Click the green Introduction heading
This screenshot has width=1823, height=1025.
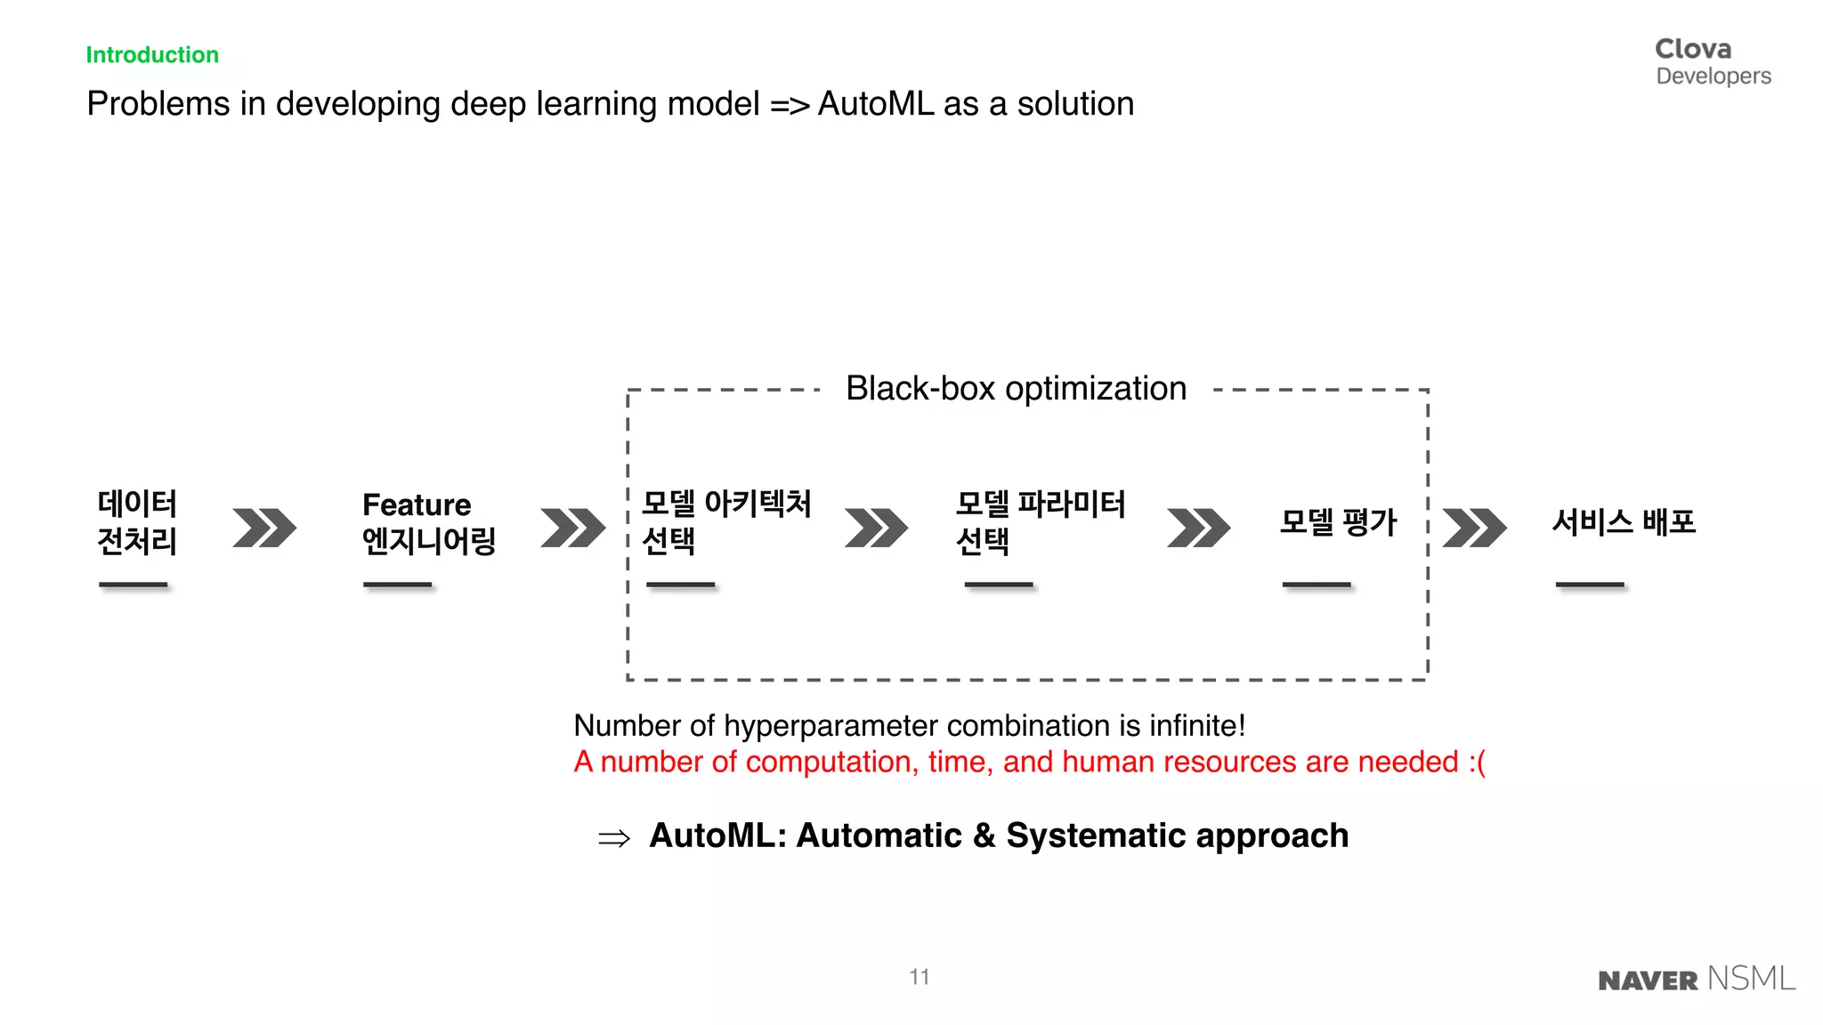click(152, 55)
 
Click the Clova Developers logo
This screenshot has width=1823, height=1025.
click(1713, 61)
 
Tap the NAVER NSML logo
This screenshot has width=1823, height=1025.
click(1697, 979)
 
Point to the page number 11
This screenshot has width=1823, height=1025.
click(920, 977)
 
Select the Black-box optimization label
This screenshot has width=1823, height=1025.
click(1016, 389)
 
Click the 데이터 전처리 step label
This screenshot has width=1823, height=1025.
click(137, 522)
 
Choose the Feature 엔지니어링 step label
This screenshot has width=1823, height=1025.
click(428, 523)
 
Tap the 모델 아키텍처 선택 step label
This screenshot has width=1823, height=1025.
click(725, 522)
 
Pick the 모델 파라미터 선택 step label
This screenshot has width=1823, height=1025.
click(1040, 522)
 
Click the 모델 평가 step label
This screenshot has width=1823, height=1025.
click(1338, 522)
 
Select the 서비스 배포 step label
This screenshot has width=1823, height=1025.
click(1624, 522)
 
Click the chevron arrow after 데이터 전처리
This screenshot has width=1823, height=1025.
click(264, 528)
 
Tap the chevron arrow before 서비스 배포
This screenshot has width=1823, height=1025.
click(1474, 528)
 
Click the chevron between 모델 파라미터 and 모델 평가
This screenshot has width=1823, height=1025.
click(1198, 528)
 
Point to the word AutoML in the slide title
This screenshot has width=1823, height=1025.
click(876, 104)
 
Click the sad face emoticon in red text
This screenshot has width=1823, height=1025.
click(1477, 763)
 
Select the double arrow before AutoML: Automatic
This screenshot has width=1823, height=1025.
click(614, 838)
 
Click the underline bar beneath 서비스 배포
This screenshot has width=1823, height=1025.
click(1590, 585)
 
